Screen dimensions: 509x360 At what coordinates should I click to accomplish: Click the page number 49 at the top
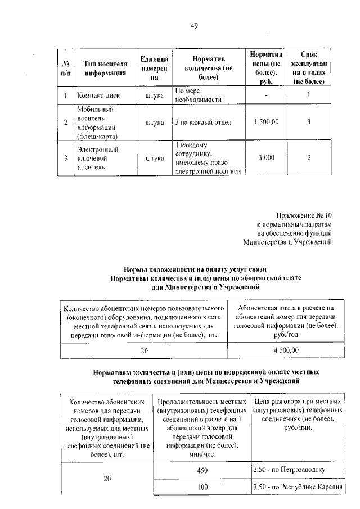coord(194,25)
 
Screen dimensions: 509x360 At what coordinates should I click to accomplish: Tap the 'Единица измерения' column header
coord(154,68)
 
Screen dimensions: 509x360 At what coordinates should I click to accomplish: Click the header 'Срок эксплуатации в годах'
coord(309,68)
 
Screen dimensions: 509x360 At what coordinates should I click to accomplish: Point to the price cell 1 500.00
coord(266,122)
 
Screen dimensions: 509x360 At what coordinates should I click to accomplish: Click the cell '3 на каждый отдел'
coord(203,122)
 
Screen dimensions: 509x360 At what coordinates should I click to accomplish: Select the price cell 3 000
coord(266,158)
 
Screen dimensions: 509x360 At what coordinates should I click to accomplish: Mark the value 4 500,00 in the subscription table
coord(286,350)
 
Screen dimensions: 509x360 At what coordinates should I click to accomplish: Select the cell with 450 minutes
coord(202,470)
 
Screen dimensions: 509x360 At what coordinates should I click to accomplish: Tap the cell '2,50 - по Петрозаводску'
coord(290,469)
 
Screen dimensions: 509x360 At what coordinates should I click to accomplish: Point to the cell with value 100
coord(202,487)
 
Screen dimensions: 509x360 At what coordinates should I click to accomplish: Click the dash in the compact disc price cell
coord(266,95)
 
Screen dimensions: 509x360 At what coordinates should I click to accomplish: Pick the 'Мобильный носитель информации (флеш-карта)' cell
coord(96,122)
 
